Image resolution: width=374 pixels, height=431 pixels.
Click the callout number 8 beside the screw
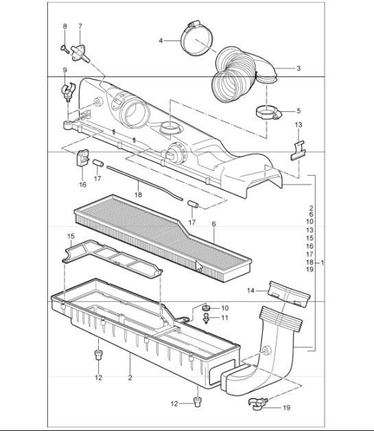click(65, 26)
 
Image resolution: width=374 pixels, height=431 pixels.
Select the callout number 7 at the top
click(80, 26)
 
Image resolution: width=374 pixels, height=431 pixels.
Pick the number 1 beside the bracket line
click(323, 263)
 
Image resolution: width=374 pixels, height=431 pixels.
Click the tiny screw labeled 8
click(64, 48)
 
